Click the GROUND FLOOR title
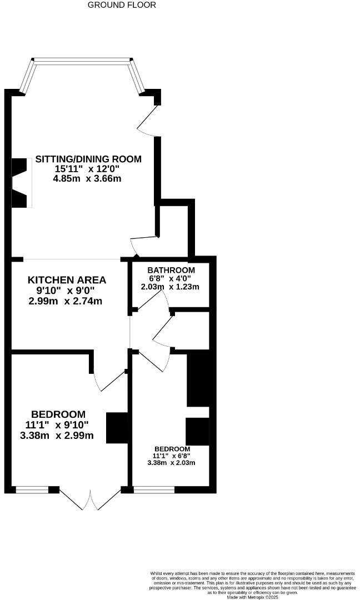pos(122,5)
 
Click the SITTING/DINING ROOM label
pos(88,159)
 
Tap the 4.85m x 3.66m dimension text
pos(87,179)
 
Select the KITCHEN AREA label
pos(67,279)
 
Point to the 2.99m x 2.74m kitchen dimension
pos(66,301)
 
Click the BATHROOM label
pos(171,270)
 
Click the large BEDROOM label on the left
pos(58,414)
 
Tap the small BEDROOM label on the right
pos(172,449)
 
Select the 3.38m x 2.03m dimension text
pos(172,463)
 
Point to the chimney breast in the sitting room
pos(19,183)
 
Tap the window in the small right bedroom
pos(154,490)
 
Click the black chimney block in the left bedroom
pos(116,428)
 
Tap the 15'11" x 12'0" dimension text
pos(87,169)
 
